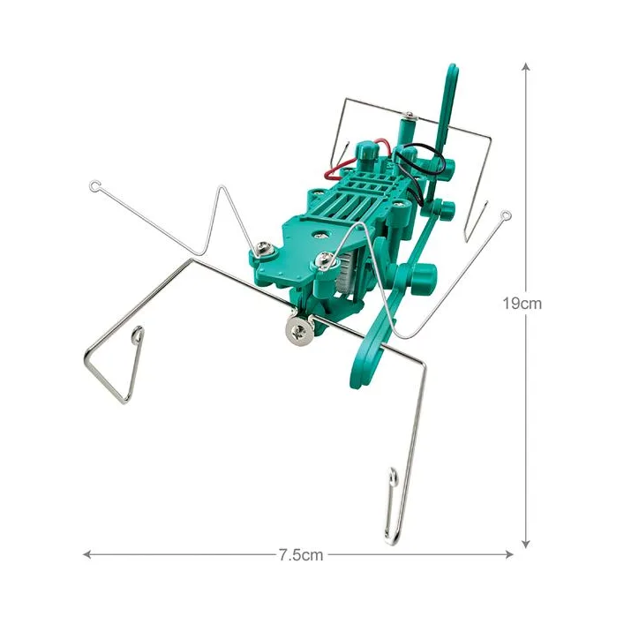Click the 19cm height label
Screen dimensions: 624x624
522,304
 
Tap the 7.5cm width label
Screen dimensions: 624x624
301,555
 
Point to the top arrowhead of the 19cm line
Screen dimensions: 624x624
526,66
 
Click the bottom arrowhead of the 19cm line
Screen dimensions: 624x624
526,544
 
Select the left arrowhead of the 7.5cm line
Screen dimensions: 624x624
87,554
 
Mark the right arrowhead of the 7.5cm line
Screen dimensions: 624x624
508,554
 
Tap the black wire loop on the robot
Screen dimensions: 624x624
417,167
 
